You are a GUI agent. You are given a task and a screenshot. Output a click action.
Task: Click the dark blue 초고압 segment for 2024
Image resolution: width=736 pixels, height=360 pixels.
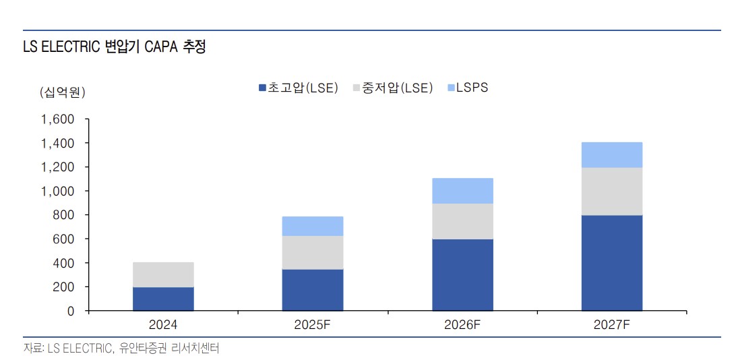[x=163, y=299]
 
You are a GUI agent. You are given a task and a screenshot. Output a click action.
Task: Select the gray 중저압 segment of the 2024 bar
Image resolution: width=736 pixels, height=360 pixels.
[x=163, y=274]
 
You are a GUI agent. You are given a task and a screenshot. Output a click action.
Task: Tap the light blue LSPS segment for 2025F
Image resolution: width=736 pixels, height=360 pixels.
[x=313, y=226]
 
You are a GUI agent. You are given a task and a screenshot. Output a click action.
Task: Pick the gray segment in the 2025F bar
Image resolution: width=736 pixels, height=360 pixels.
[x=313, y=252]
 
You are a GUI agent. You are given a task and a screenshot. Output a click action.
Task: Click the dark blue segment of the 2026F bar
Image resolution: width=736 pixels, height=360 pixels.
[x=462, y=274]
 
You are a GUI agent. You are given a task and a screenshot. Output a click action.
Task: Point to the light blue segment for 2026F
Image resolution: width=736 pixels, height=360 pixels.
[x=462, y=191]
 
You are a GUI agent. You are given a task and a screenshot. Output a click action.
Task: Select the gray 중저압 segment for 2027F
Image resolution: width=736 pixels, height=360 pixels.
[x=612, y=191]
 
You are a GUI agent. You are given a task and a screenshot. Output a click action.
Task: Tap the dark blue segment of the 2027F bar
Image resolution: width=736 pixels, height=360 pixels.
[x=612, y=262]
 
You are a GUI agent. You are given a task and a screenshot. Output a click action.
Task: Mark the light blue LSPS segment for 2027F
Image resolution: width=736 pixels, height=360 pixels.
[x=612, y=154]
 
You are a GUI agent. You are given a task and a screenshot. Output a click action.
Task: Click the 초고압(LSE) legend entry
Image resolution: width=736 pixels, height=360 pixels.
[x=298, y=88]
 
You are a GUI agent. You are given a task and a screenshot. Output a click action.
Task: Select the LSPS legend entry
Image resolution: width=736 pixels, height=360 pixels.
[x=466, y=88]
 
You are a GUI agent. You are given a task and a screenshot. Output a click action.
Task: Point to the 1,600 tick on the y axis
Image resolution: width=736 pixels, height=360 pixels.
[x=57, y=120]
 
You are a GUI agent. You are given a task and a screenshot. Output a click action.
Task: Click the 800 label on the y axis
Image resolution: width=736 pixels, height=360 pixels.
[x=63, y=215]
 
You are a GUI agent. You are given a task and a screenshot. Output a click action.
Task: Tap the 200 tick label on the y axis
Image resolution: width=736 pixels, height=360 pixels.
[x=63, y=287]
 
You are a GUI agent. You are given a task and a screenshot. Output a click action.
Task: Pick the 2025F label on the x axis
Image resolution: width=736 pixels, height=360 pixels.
[x=313, y=325]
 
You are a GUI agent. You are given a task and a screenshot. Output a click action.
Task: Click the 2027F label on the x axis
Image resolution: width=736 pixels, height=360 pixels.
[x=612, y=325]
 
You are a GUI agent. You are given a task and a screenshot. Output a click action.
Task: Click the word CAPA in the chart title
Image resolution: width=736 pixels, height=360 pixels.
[x=161, y=48]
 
